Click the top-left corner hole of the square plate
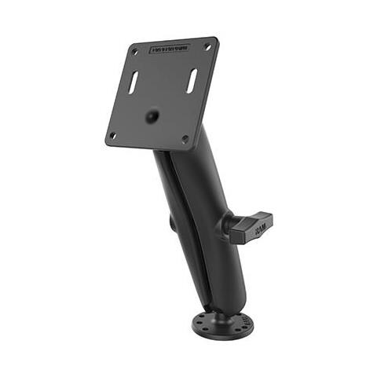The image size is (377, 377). [x=134, y=53]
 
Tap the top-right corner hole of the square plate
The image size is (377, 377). [x=208, y=46]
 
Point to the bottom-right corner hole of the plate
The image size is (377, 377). [x=185, y=139]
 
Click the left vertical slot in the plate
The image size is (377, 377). [x=134, y=82]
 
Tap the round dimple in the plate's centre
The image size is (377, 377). [x=152, y=116]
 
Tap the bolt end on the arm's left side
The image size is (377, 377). [x=171, y=223]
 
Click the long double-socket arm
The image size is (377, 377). [x=200, y=228]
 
